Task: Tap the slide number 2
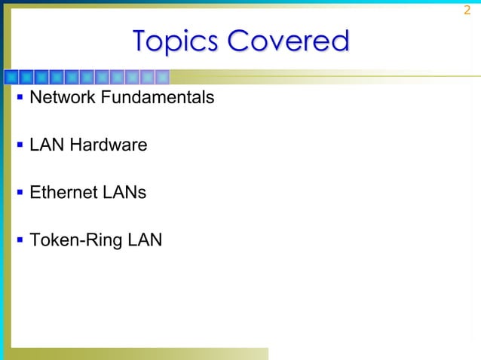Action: [x=467, y=10]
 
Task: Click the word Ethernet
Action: [x=63, y=193]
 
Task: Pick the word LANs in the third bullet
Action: [x=124, y=193]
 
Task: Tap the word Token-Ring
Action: [x=75, y=240]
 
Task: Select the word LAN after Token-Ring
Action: [x=145, y=240]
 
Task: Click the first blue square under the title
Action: [x=12, y=76]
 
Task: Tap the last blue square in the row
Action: [x=161, y=76]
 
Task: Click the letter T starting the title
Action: [x=141, y=41]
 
